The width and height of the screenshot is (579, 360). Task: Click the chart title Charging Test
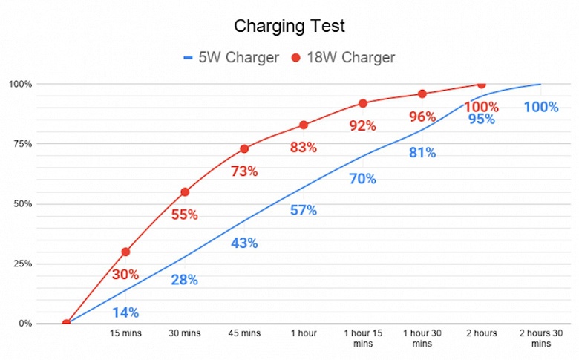pos(289,27)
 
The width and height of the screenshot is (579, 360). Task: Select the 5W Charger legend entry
pos(229,57)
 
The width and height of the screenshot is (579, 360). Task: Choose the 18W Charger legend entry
pos(342,57)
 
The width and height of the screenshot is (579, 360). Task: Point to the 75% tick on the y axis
pos(21,144)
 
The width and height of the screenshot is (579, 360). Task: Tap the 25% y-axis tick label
pos(21,264)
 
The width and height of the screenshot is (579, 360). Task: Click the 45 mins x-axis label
pos(244,333)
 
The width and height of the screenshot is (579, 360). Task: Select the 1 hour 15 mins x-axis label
pos(363,338)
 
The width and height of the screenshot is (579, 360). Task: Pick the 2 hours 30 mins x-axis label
pos(540,338)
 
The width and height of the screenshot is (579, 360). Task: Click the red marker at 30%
pos(126,252)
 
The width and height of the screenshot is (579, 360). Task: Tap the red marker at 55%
pos(185,192)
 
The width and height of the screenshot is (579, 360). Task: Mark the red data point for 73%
pos(244,148)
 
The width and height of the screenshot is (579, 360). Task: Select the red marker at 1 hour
pos(304,125)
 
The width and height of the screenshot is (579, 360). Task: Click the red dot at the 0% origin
pos(67,323)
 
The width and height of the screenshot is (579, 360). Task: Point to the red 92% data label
pos(363,126)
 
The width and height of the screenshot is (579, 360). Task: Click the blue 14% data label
pos(125,312)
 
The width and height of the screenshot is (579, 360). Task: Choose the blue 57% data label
pos(303,210)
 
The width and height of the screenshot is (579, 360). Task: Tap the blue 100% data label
pos(540,107)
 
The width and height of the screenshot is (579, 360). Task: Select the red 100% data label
pos(481,107)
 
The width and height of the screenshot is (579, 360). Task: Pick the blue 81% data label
pos(422,153)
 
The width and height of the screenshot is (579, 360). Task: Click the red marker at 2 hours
pos(481,85)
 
